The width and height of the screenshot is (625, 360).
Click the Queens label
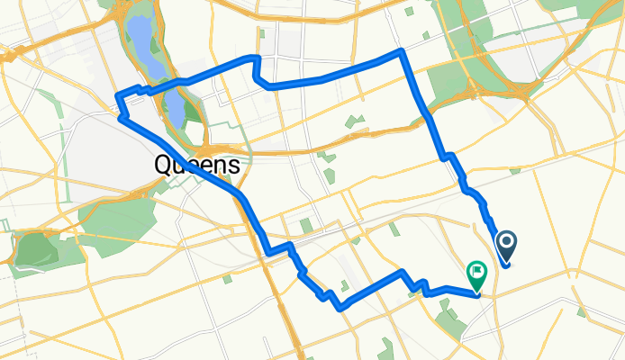click(198, 165)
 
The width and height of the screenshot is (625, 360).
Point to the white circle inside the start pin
click(507, 240)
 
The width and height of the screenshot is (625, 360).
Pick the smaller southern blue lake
click(177, 112)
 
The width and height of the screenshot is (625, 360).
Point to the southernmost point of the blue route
click(340, 308)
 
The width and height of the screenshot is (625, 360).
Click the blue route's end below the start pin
click(508, 265)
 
